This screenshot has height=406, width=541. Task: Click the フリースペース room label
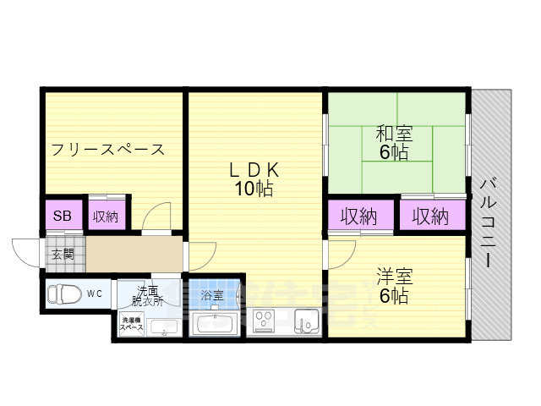(x=107, y=151)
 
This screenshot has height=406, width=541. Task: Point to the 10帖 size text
(x=254, y=189)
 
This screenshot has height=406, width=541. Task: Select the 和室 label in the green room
(x=393, y=134)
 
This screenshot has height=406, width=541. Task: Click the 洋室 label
(x=394, y=276)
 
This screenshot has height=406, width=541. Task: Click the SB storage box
(x=63, y=215)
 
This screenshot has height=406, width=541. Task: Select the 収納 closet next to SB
(x=106, y=216)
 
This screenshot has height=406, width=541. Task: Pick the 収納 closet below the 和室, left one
(x=358, y=217)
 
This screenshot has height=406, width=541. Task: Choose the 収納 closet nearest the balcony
(x=430, y=217)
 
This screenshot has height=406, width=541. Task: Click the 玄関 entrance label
(x=63, y=254)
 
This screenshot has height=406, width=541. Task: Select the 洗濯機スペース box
(x=132, y=323)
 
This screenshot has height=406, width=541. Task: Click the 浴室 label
(x=212, y=295)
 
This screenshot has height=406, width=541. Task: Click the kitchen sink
(x=306, y=322)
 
